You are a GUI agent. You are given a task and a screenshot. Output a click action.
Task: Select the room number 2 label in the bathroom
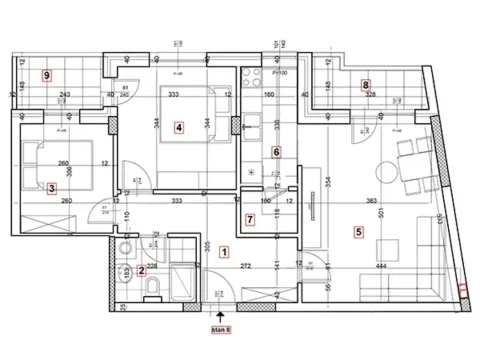(142, 269)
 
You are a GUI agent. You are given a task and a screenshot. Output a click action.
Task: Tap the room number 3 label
(51, 187)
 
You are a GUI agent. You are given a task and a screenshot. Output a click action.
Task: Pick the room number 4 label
(179, 127)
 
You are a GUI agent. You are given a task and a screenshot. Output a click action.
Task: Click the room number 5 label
(358, 232)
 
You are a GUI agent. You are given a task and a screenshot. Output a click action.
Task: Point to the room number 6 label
(277, 152)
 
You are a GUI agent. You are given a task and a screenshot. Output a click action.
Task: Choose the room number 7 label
(250, 219)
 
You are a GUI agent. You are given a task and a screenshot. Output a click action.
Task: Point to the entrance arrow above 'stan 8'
(221, 312)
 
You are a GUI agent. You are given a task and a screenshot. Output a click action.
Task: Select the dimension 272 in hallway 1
(245, 267)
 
